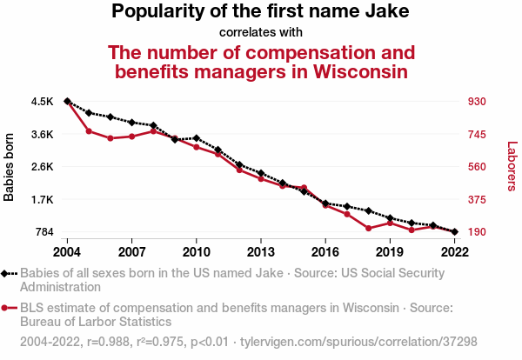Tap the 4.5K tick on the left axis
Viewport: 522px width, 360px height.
(x=42, y=102)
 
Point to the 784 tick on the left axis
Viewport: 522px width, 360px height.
(x=43, y=232)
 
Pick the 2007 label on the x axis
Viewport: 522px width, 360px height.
(x=131, y=251)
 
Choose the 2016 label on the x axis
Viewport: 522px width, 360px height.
(x=325, y=251)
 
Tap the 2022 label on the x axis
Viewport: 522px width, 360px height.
(x=454, y=251)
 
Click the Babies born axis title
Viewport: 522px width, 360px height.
(x=10, y=167)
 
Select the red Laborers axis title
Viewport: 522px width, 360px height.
(x=512, y=167)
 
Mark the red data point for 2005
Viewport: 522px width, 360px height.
(x=89, y=131)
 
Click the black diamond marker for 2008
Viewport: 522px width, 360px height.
(x=153, y=126)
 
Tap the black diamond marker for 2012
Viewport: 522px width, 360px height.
(x=239, y=164)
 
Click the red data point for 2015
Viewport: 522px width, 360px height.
(x=304, y=188)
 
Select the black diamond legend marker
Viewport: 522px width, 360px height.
(x=6, y=273)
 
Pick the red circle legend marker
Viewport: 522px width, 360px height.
(x=6, y=308)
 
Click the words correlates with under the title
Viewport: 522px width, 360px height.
(x=260, y=32)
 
